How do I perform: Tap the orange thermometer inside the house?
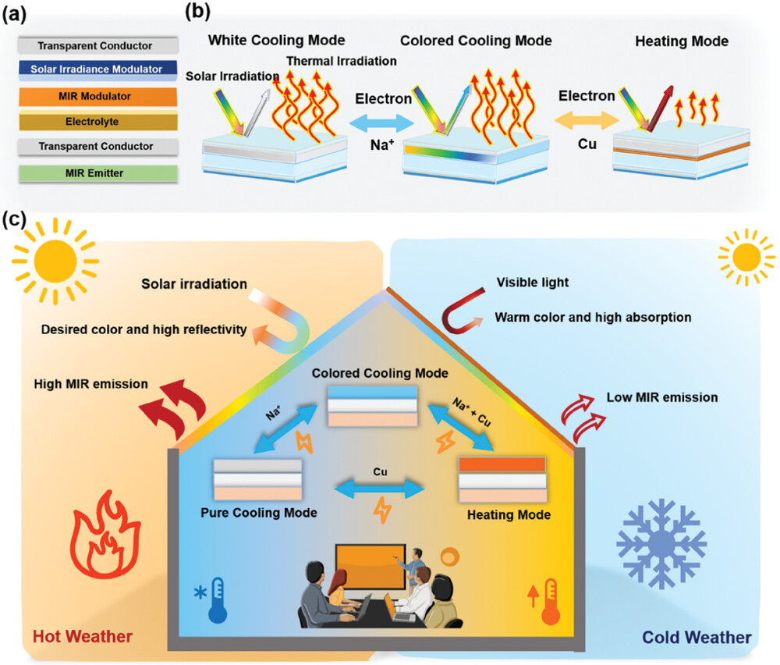coord(551,600)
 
